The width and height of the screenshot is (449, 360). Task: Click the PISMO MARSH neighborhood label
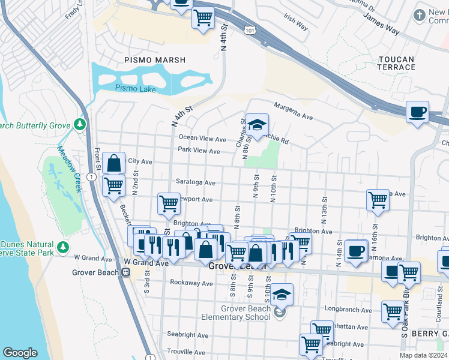click(155, 60)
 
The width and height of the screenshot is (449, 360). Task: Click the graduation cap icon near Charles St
click(257, 125)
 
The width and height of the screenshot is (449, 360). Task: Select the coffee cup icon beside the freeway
click(417, 111)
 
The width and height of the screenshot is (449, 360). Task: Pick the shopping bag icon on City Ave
click(113, 163)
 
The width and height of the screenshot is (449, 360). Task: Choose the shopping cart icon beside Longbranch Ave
click(393, 311)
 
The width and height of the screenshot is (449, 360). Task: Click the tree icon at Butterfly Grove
click(80, 124)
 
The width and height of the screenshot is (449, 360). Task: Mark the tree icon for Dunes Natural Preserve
click(63, 247)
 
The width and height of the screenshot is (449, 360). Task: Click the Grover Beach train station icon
click(126, 272)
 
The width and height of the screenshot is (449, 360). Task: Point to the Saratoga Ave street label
click(196, 182)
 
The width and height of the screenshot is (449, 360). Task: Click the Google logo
click(20, 353)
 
